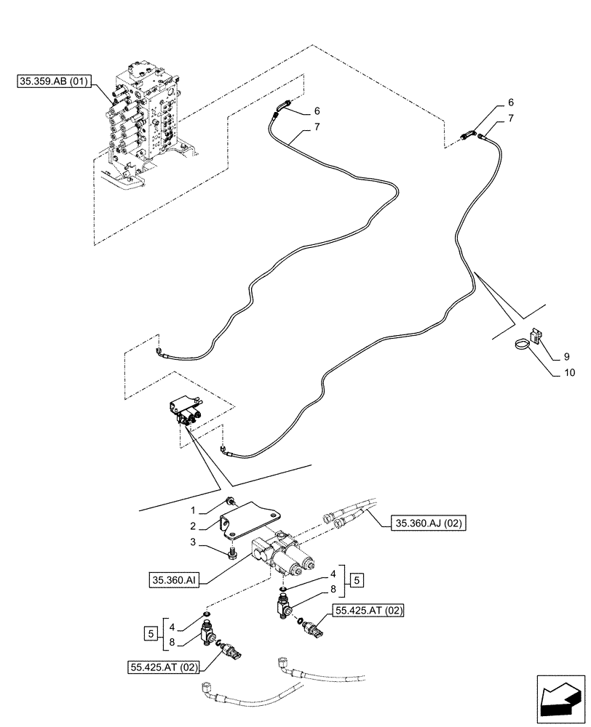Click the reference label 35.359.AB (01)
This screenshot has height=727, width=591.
click(x=55, y=81)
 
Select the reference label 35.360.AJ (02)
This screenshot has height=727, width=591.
click(x=428, y=523)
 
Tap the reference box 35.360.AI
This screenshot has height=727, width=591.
click(x=174, y=579)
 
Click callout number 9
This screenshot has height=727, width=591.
click(x=566, y=356)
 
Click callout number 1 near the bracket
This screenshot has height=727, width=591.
click(x=193, y=510)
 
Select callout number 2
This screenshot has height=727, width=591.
click(x=193, y=526)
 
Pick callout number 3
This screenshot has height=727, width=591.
click(x=193, y=542)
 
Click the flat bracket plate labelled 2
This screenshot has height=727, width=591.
click(x=250, y=520)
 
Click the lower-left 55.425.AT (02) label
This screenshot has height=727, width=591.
click(x=163, y=667)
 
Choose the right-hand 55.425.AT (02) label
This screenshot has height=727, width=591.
click(x=368, y=611)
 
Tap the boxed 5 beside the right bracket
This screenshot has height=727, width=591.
click(x=357, y=580)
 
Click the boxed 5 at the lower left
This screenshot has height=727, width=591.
click(x=150, y=633)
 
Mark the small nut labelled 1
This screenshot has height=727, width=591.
click(x=230, y=500)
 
